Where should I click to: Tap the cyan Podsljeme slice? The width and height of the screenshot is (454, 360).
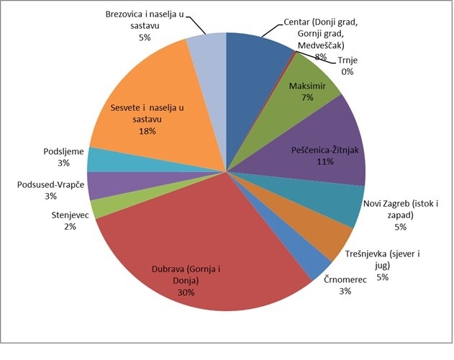coord(99,160)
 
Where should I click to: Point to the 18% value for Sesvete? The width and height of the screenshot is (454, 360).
coord(147,132)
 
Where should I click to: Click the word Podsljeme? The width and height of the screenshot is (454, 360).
coord(63,151)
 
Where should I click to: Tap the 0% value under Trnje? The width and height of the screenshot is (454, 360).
coord(348,71)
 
